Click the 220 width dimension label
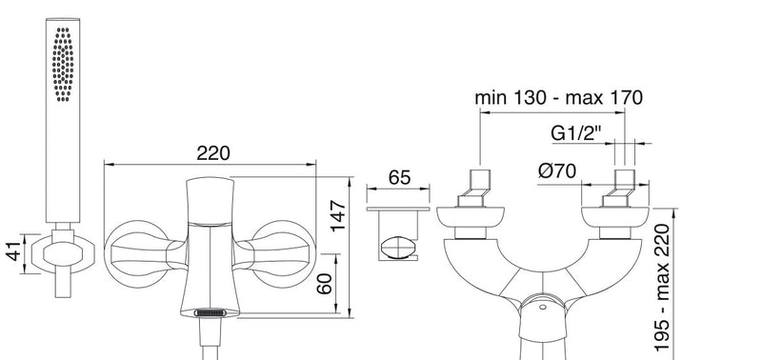point(212,153)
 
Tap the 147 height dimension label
point(338,215)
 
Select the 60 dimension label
point(324,284)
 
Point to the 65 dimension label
point(399,178)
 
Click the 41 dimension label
point(16,250)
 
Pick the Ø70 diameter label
point(557,170)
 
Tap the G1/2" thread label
point(576,132)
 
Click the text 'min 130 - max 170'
point(558,98)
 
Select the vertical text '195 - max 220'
point(662,287)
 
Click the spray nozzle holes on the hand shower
point(63,64)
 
